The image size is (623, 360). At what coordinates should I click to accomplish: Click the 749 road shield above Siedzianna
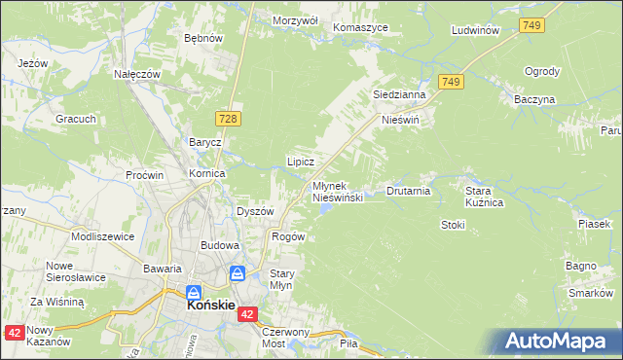point(449,84)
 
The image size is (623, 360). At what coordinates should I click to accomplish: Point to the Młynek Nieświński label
point(338,191)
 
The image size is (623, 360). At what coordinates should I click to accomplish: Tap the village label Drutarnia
point(409,191)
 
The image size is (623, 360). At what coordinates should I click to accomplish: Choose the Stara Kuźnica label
point(484,198)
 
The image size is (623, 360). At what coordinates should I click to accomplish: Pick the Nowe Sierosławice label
point(75,271)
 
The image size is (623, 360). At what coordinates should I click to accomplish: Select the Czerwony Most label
point(285,337)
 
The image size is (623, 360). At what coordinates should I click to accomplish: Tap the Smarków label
point(590,293)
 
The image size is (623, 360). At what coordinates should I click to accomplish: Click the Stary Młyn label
point(281,279)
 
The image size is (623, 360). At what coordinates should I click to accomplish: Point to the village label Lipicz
point(299,161)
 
